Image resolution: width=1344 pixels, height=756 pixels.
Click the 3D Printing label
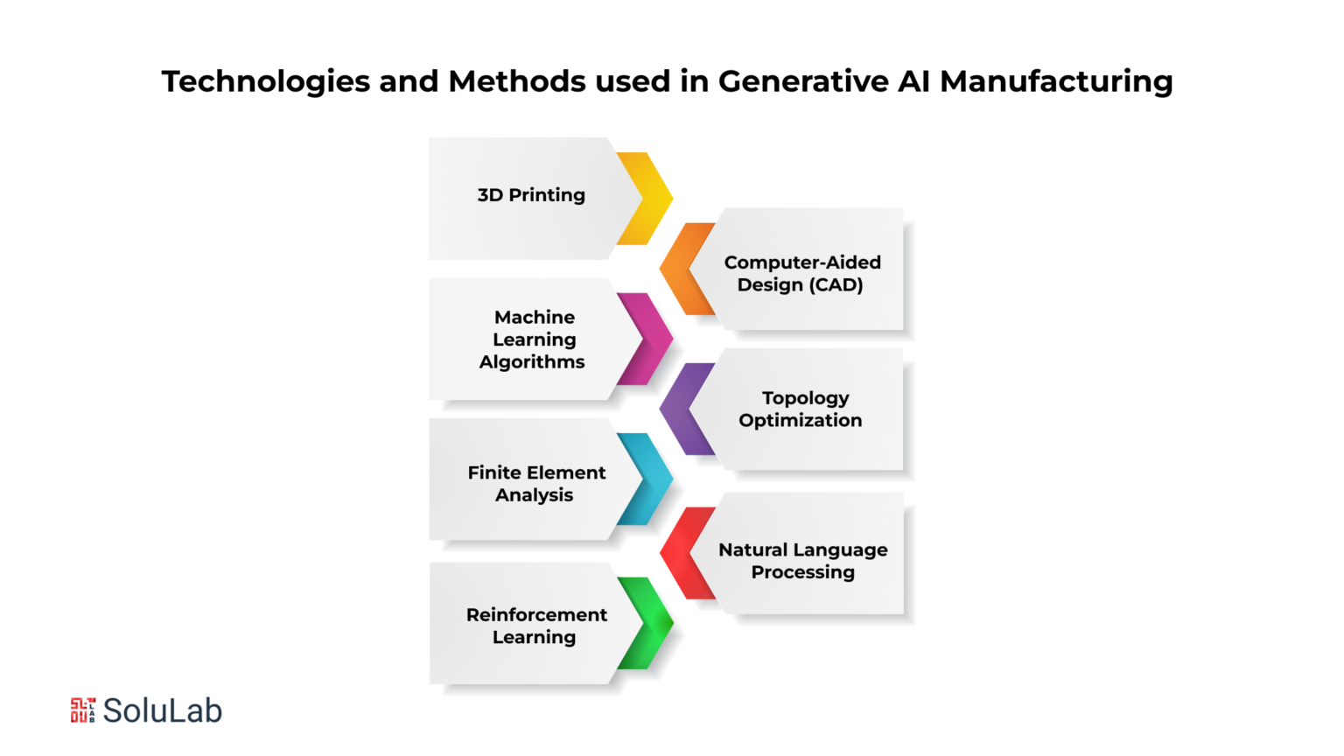click(531, 195)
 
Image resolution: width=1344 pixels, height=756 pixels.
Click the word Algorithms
click(532, 361)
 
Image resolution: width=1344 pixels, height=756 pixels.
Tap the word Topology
click(805, 398)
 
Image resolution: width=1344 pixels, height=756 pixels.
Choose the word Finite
click(493, 472)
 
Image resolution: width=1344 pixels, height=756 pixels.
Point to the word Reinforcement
click(537, 615)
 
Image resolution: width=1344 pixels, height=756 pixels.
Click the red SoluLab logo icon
click(83, 710)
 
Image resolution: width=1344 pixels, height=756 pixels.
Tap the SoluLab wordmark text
click(163, 711)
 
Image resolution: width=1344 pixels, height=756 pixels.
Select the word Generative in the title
click(803, 81)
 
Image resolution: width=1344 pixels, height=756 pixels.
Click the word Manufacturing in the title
click(1056, 81)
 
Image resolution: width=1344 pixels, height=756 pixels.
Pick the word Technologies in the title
click(266, 82)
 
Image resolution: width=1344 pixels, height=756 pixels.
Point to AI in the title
click(913, 81)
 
